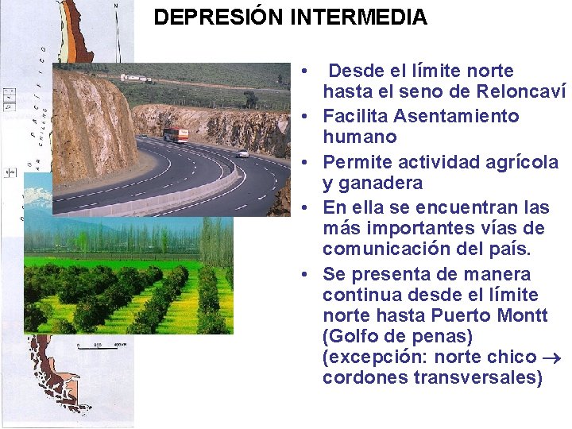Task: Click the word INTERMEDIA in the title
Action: tap(359, 17)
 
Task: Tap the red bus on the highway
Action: tap(175, 134)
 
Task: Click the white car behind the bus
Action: tap(242, 153)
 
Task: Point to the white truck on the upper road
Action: tap(136, 78)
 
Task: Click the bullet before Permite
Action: tap(305, 162)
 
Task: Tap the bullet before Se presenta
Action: tap(305, 275)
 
